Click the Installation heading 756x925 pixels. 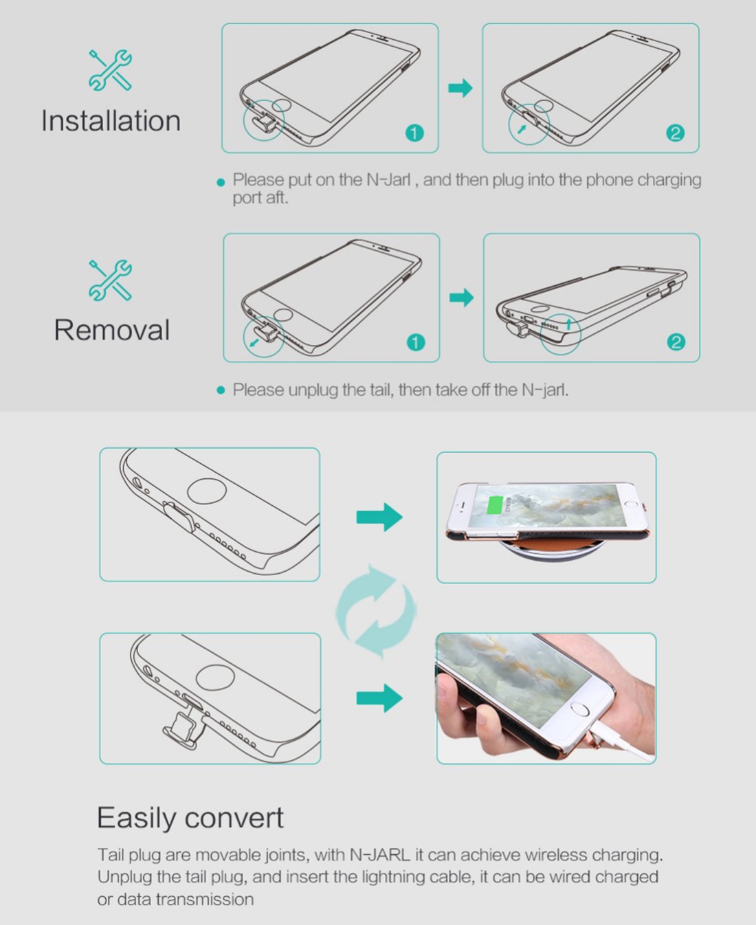click(x=111, y=121)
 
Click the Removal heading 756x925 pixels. click(x=112, y=330)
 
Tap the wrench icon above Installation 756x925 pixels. click(x=110, y=70)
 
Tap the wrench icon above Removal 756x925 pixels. click(x=110, y=280)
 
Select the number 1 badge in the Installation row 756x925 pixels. click(x=414, y=133)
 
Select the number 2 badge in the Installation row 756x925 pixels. click(x=676, y=133)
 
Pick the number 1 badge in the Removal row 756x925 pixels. click(x=416, y=342)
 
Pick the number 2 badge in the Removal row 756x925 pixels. click(x=676, y=342)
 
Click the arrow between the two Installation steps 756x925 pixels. click(x=460, y=88)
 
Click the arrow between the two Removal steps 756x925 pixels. click(x=462, y=298)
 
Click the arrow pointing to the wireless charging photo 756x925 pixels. click(x=379, y=517)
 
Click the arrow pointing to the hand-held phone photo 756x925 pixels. click(x=379, y=698)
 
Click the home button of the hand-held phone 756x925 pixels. click(x=580, y=710)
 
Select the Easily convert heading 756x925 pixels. click(x=190, y=818)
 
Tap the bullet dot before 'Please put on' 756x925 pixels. click(x=221, y=182)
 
